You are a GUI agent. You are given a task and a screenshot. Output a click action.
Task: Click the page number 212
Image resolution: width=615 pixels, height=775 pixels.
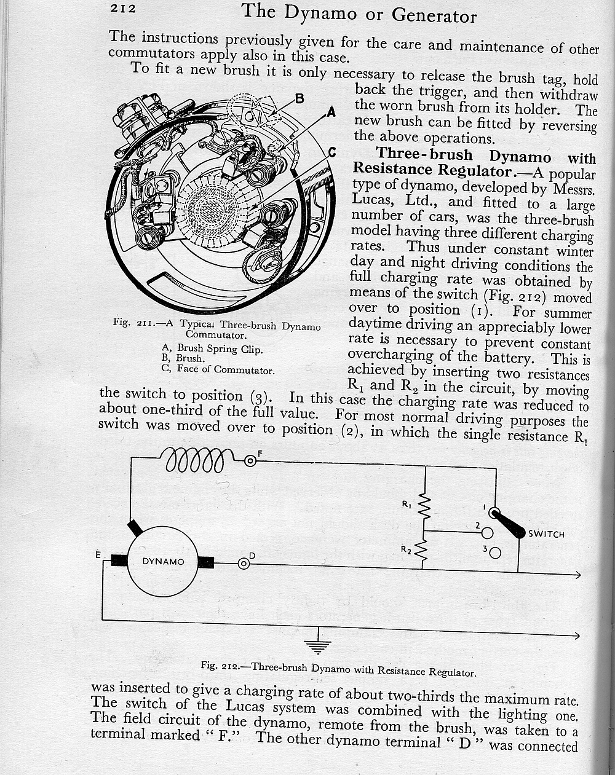pyautogui.click(x=122, y=9)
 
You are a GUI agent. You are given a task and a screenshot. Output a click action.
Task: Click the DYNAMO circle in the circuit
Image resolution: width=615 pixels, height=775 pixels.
pyautogui.click(x=164, y=561)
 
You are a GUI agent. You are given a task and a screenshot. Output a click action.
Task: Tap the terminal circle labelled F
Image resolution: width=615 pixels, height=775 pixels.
pyautogui.click(x=250, y=461)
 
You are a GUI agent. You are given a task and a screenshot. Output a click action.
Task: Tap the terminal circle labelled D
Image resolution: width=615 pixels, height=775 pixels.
pyautogui.click(x=244, y=563)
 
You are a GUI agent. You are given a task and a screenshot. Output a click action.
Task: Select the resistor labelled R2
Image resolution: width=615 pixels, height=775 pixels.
pyautogui.click(x=423, y=549)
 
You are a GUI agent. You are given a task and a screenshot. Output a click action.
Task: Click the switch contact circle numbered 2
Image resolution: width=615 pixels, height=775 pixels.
pyautogui.click(x=487, y=532)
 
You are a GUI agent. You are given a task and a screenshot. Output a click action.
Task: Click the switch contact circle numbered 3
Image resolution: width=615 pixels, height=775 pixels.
pyautogui.click(x=495, y=553)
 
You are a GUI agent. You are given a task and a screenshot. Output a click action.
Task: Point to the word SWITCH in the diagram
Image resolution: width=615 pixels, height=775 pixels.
pyautogui.click(x=546, y=534)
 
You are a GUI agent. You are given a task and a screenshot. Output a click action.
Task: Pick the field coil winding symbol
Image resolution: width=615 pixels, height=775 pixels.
pyautogui.click(x=198, y=460)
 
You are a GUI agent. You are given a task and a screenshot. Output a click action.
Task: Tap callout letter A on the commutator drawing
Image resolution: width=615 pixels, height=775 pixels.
pyautogui.click(x=331, y=112)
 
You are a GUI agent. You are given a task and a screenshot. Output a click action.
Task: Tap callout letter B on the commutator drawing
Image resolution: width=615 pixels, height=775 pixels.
pyautogui.click(x=300, y=98)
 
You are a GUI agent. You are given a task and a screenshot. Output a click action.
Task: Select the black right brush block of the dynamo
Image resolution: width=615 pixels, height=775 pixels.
pyautogui.click(x=205, y=562)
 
